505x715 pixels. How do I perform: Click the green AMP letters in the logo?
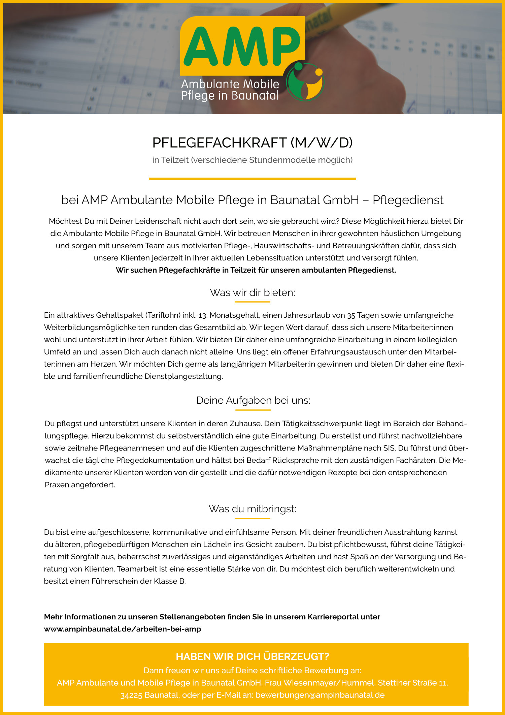[242, 46]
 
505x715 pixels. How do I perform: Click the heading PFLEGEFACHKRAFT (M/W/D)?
[252, 143]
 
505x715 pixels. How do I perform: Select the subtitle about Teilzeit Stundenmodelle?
[252, 160]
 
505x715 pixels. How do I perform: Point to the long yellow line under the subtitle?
[252, 179]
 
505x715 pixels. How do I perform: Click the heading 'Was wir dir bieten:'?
[252, 292]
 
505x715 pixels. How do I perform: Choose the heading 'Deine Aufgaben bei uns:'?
[253, 400]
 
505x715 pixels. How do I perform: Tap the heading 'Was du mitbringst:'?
[252, 509]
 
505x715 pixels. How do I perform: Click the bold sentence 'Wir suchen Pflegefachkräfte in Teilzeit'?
[256, 270]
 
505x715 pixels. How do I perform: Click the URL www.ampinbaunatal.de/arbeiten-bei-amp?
[123, 629]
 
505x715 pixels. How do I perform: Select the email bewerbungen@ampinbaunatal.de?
[320, 695]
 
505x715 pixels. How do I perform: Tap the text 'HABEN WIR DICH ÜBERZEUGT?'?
[252, 656]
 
